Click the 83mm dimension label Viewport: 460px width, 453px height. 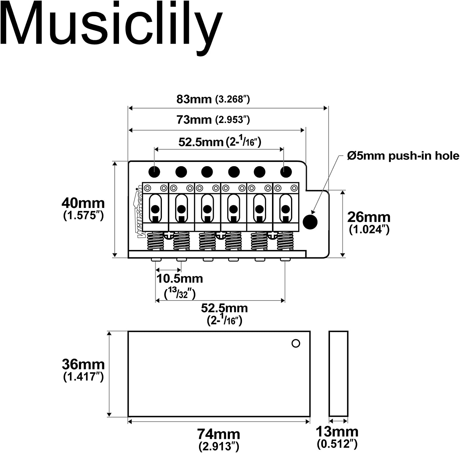click(194, 99)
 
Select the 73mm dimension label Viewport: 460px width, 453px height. click(194, 120)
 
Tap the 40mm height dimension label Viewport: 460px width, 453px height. click(83, 203)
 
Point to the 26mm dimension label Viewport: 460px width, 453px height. click(369, 217)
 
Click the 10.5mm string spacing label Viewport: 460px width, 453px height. click(180, 279)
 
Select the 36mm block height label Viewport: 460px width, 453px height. click(83, 364)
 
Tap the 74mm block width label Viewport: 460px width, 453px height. click(218, 434)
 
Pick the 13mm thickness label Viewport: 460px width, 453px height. click(337, 432)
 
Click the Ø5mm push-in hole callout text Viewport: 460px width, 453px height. click(403, 156)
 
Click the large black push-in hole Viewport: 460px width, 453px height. click(310, 222)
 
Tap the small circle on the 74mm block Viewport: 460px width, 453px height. click(296, 344)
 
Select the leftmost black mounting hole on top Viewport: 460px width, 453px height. click(154, 171)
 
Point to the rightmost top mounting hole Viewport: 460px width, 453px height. click(286, 171)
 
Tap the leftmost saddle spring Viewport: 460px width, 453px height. click(155, 241)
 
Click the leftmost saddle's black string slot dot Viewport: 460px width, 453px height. click(155, 209)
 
